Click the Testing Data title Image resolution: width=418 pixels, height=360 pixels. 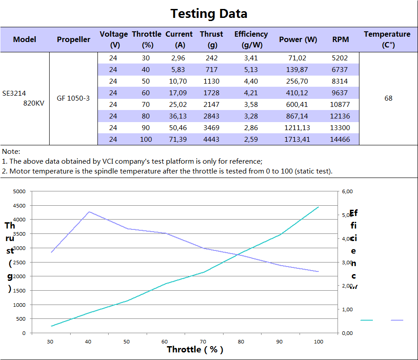pos(209,13)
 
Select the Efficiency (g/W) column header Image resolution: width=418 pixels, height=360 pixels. pos(251,39)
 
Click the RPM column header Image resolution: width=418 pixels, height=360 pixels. pos(341,39)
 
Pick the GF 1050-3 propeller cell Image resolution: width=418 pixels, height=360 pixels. pos(73,98)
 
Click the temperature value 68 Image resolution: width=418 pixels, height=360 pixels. pos(388,98)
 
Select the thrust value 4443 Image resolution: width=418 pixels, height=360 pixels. pos(212,140)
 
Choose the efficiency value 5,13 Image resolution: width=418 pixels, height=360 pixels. pos(251,70)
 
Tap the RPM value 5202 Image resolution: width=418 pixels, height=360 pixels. pos(340,58)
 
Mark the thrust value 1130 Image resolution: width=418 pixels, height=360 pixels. pos(212,81)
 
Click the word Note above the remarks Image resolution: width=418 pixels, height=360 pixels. pos(11,152)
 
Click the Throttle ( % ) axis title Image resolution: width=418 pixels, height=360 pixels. pos(195,349)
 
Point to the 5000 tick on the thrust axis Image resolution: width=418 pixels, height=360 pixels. pos(19,191)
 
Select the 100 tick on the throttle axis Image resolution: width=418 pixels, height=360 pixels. pos(318,342)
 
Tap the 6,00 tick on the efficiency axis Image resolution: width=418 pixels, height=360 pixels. pos(347,191)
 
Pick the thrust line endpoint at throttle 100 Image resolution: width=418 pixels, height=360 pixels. pos(318,207)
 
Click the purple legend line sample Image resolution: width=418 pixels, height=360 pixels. pos(397,320)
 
